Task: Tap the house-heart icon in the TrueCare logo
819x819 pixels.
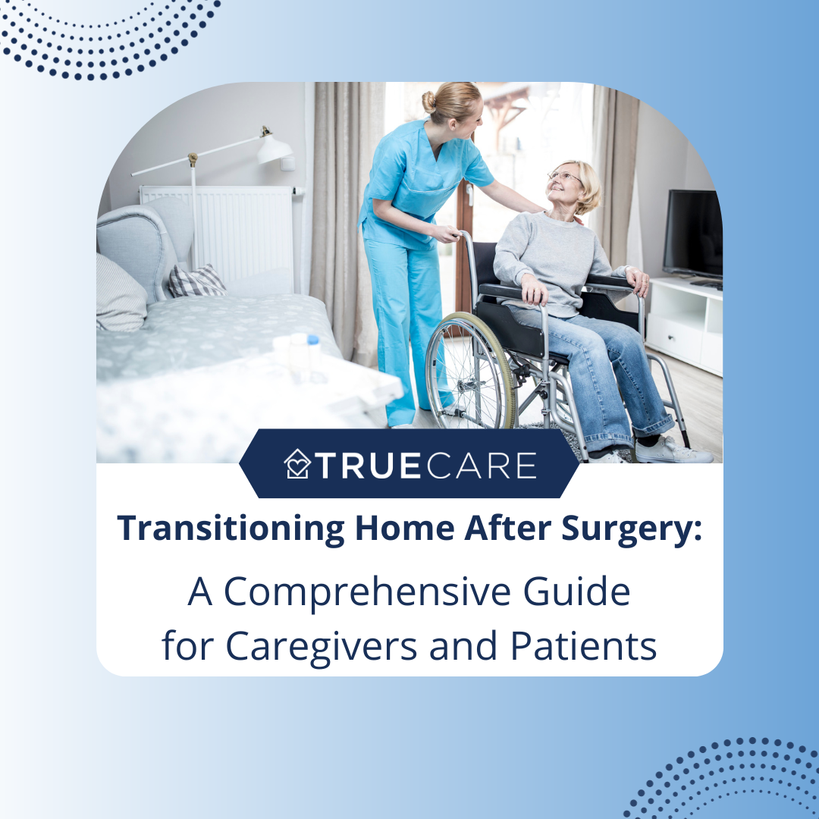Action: click(297, 464)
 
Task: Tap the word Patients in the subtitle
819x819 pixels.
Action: click(582, 646)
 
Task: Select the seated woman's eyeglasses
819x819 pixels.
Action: click(565, 177)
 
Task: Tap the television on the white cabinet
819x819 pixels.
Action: click(692, 234)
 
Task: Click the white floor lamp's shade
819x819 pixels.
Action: click(274, 148)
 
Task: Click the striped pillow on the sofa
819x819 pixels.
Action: click(196, 281)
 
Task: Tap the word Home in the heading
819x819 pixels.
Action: click(403, 529)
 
